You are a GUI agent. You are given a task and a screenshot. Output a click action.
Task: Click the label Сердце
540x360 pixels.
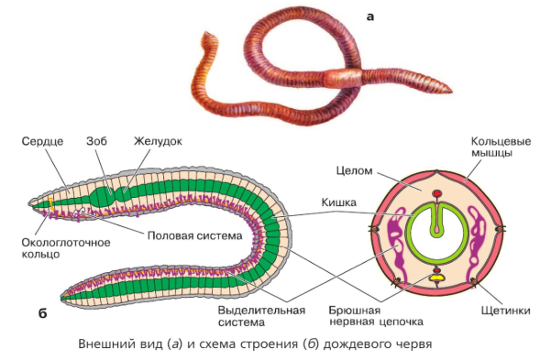point(42,141)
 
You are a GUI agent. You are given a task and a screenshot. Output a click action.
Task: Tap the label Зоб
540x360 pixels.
point(96,141)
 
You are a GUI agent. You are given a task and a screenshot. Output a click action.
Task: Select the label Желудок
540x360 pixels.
point(158,141)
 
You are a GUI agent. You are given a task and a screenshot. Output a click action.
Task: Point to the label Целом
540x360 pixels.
point(355,170)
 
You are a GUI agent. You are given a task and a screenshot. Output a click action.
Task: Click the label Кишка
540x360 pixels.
point(338,202)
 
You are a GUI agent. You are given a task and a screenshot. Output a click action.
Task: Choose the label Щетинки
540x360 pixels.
point(505,311)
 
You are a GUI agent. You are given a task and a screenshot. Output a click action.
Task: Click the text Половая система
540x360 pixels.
point(195,235)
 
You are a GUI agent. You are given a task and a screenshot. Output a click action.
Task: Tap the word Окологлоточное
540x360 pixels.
point(66,243)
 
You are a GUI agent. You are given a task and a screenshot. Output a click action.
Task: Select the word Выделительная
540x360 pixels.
point(261,311)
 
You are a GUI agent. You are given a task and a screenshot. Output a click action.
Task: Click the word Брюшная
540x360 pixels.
point(355,311)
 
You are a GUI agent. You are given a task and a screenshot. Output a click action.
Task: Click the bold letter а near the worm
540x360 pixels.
point(370,16)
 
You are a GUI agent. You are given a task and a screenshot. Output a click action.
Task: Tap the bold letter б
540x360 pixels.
point(42,313)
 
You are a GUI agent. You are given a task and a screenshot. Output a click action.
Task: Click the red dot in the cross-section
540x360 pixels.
point(436,194)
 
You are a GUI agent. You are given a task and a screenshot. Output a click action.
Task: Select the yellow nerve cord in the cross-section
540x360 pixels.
point(437,277)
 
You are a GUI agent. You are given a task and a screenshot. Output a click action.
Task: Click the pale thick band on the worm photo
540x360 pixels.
point(342,78)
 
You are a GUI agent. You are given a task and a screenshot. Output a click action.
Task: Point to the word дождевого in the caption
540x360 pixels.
point(357,344)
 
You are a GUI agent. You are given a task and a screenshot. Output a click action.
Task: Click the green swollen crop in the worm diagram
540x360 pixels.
point(102,197)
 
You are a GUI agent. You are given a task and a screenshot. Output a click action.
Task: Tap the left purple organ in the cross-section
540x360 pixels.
point(396,245)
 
